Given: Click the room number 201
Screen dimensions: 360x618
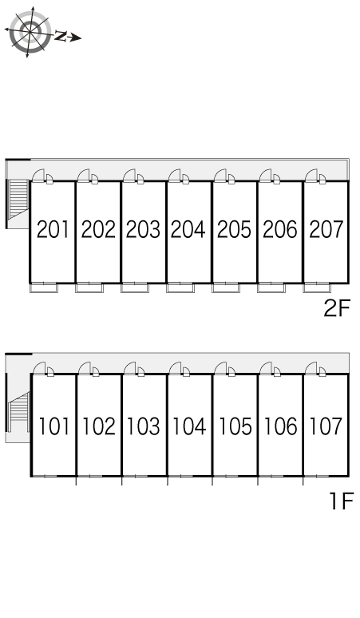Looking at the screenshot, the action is (x=53, y=229).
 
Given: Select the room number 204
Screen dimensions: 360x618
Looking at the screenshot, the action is (x=188, y=229).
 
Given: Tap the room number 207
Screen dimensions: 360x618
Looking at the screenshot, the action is (x=326, y=229).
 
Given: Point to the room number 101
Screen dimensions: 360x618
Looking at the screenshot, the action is (x=54, y=426).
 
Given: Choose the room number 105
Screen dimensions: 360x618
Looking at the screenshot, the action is (x=235, y=426).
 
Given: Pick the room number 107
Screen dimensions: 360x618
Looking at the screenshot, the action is (x=326, y=426).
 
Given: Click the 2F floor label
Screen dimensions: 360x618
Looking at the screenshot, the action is (x=337, y=308).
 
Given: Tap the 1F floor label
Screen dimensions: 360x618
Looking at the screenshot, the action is (x=341, y=501).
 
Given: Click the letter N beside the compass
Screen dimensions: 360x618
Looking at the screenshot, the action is (x=60, y=36).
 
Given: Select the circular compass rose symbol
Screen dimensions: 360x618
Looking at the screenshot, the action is (x=30, y=31).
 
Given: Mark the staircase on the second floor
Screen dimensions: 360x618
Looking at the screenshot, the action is (x=18, y=200).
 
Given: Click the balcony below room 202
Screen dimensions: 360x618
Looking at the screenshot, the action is (x=89, y=287).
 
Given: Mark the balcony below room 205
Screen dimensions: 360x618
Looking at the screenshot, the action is (x=226, y=287).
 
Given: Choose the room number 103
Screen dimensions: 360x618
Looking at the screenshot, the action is (x=144, y=426).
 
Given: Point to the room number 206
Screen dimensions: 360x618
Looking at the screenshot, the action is (x=280, y=229).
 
